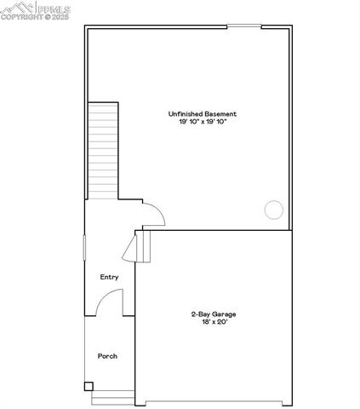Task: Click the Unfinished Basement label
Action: point(203,113)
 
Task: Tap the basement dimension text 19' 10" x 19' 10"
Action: point(203,122)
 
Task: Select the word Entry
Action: point(109,277)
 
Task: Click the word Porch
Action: point(108,355)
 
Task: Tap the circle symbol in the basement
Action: point(274,209)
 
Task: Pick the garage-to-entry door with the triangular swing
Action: point(132,249)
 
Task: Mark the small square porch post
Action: point(89,386)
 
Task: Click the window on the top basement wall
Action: point(244,26)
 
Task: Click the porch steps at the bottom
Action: point(113,397)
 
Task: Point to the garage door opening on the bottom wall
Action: point(214,401)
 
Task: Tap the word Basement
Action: point(220,113)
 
